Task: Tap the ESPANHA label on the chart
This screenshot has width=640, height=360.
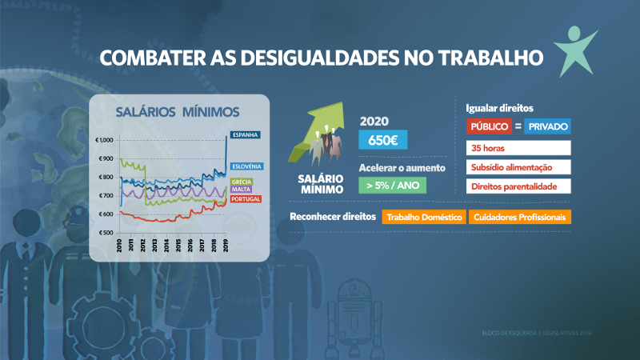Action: (245, 134)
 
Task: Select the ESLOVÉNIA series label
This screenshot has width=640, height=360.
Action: (246, 166)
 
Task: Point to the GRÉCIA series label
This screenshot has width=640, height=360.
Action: (241, 182)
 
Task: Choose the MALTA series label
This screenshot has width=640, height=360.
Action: (240, 190)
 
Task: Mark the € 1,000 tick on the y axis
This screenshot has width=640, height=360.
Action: (105, 140)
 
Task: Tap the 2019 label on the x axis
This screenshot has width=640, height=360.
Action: (226, 245)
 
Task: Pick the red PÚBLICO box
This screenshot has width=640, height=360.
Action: (489, 126)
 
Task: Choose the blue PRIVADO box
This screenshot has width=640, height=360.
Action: (548, 126)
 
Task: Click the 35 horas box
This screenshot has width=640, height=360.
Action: (518, 148)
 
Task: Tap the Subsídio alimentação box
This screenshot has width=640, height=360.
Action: (518, 166)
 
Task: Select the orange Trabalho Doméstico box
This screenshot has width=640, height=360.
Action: (423, 217)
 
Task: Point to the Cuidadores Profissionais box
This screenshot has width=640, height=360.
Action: (519, 217)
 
